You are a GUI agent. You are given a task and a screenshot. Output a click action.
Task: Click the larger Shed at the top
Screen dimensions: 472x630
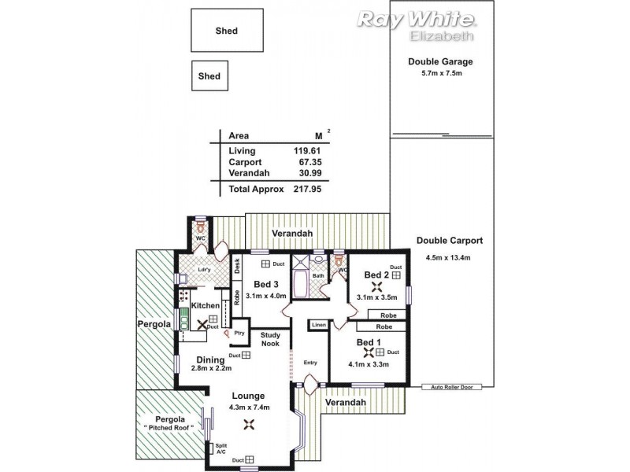(227, 31)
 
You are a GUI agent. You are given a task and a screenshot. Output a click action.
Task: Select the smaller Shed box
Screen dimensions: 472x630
(209, 76)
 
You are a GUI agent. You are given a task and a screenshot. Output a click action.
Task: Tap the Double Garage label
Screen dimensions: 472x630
(439, 61)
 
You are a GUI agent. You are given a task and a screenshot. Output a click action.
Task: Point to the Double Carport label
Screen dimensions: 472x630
(449, 241)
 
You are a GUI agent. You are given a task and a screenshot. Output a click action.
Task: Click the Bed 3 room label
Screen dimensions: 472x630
(265, 284)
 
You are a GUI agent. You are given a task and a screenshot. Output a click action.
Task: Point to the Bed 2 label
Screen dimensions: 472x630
(376, 275)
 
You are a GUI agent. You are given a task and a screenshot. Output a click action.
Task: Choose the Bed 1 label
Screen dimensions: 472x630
(369, 342)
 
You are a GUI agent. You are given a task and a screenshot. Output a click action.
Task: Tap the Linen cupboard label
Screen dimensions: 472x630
(318, 325)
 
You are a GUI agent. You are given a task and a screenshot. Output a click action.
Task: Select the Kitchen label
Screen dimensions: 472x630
(205, 305)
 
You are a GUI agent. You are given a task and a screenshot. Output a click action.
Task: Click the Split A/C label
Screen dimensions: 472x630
(220, 448)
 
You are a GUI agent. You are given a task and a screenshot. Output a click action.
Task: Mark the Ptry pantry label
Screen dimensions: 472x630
(238, 333)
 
